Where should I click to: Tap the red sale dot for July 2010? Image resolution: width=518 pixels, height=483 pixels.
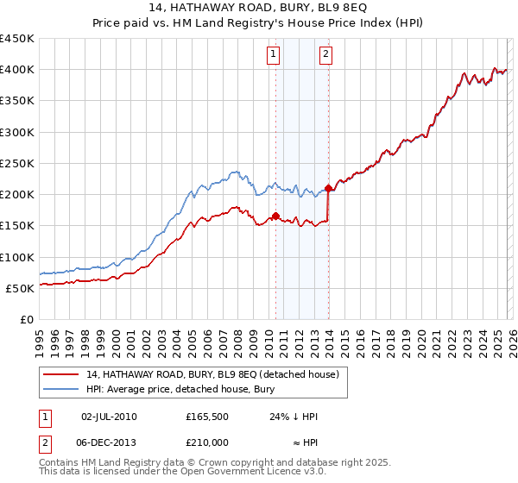click(275, 216)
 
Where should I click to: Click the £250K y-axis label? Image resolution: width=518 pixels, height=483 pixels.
click(17, 163)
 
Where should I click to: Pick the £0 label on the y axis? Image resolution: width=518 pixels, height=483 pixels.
click(25, 319)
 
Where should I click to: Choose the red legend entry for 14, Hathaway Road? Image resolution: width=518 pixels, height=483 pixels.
click(214, 374)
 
